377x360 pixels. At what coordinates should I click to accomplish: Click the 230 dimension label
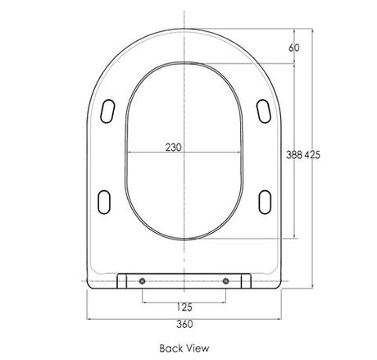tap(173, 148)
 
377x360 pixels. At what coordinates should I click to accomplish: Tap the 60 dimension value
tap(294, 48)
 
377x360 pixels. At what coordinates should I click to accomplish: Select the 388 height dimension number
tap(294, 155)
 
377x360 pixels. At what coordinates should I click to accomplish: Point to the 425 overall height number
tap(312, 155)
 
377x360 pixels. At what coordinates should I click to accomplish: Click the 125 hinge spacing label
tap(184, 308)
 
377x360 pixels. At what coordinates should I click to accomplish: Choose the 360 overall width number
tap(184, 324)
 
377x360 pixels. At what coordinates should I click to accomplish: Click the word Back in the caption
tap(170, 349)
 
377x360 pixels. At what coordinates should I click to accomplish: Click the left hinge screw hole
tap(143, 281)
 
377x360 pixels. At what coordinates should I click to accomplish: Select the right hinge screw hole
tap(225, 281)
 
